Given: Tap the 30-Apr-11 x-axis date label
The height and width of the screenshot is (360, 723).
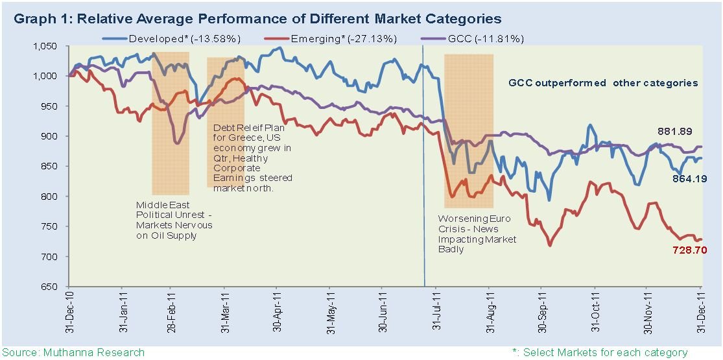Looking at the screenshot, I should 277,314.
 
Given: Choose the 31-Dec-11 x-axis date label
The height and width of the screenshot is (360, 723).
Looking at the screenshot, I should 701,314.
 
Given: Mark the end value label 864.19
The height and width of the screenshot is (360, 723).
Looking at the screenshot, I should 682,179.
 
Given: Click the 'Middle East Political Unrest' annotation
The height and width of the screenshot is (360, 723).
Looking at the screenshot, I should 174,220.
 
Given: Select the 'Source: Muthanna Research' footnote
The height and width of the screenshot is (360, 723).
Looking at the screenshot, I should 73,352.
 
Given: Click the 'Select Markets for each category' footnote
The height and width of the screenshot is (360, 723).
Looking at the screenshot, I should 600,352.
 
